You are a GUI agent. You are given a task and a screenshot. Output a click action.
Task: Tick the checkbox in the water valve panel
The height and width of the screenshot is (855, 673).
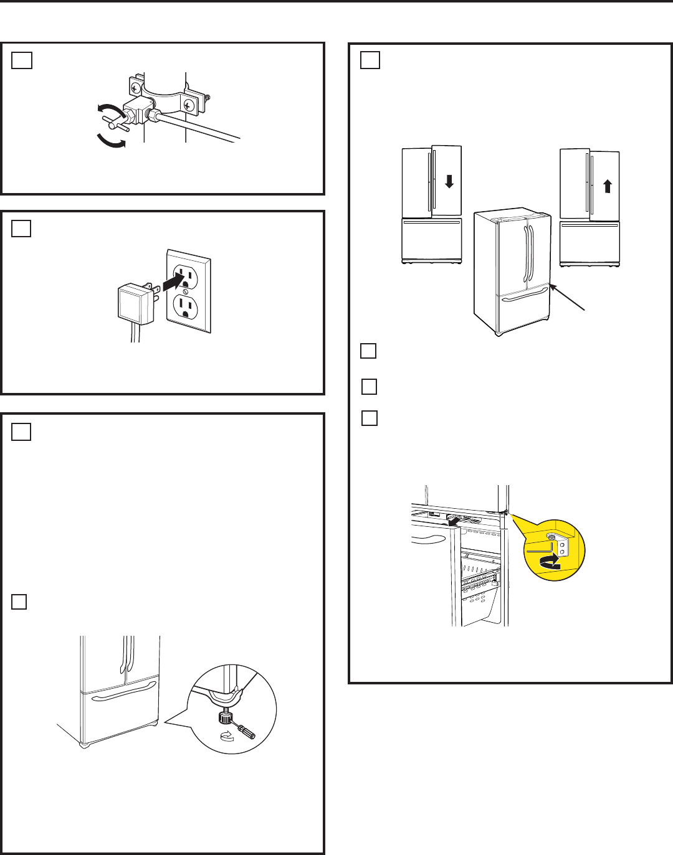(22, 60)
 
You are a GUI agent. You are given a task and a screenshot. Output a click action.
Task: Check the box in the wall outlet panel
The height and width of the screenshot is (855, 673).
(21, 229)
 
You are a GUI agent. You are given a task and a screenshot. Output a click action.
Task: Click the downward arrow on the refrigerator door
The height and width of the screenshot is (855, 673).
(449, 181)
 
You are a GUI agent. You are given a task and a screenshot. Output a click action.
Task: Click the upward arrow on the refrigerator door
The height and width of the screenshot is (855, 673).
(608, 186)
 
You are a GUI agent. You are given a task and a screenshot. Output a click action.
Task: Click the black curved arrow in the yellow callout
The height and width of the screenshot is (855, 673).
(550, 563)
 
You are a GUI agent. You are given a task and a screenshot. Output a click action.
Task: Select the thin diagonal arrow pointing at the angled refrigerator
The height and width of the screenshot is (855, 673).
(568, 298)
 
